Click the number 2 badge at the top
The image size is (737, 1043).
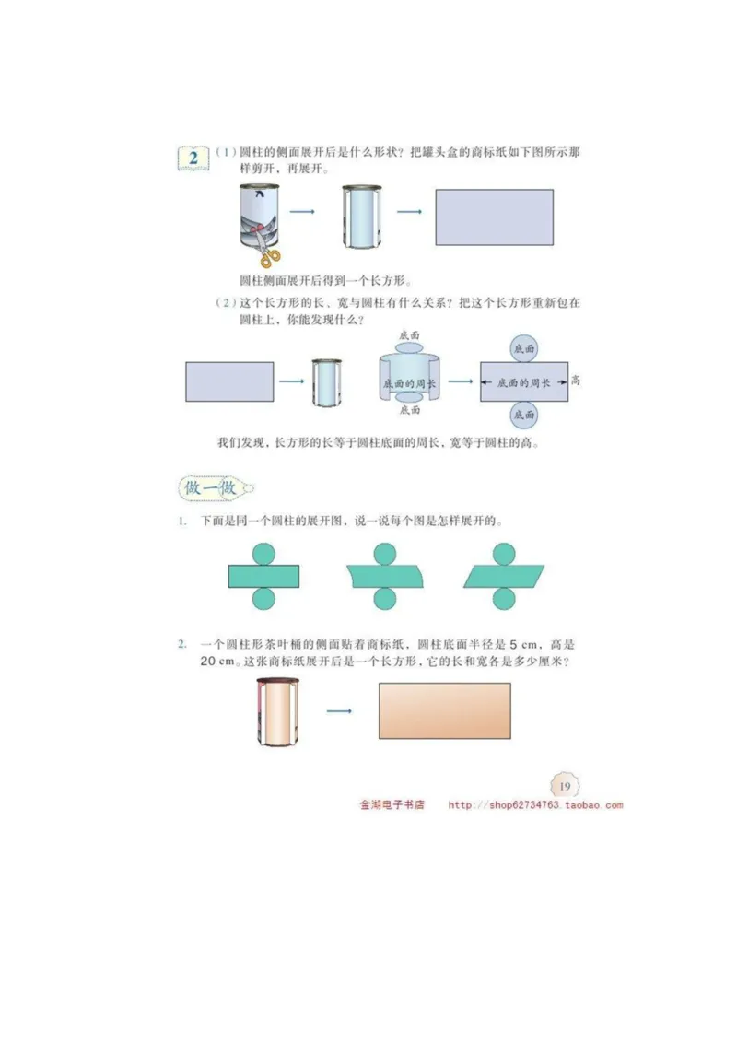193,158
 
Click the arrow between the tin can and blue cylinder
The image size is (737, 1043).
302,213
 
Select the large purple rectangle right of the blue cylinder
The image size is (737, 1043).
494,217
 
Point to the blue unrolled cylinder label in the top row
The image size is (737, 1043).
360,217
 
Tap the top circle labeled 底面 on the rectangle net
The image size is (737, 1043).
523,349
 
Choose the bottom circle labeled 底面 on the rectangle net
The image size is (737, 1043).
523,416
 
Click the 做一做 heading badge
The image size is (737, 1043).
211,487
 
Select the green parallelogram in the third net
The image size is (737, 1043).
503,576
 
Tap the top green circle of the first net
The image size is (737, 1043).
265,553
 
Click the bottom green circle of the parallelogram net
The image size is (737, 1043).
503,599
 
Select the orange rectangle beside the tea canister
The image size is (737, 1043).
444,710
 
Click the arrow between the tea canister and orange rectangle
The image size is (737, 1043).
341,711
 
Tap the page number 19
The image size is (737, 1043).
564,785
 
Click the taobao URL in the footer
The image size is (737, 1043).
535,805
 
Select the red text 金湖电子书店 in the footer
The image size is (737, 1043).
392,805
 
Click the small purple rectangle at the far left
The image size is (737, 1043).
229,381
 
